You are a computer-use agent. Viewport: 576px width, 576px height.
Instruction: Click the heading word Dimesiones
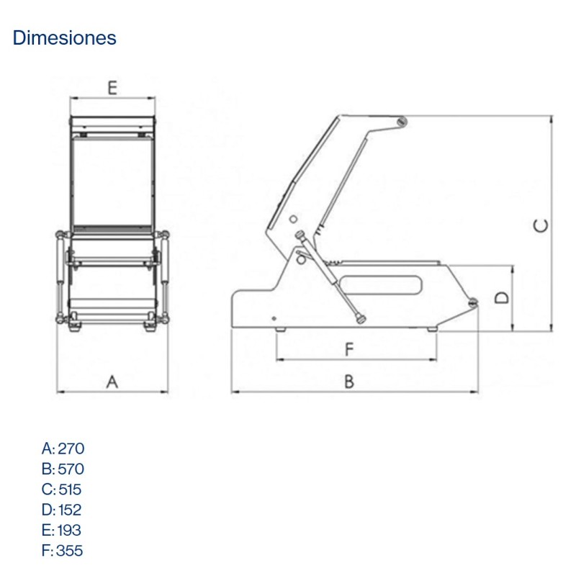pos(64,38)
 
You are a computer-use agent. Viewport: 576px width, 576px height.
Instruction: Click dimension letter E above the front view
pos(112,88)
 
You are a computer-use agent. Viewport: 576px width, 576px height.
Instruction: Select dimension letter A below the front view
pos(112,382)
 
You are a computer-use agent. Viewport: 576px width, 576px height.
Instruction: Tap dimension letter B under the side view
pos(348,382)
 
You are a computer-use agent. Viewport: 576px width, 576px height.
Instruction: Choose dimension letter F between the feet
pos(349,350)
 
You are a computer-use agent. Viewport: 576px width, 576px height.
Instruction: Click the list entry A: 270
pos(63,449)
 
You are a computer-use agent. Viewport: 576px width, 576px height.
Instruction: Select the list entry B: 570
pos(63,469)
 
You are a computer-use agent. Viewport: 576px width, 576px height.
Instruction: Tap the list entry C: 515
pos(62,490)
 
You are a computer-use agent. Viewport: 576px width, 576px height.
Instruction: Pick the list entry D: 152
pos(62,510)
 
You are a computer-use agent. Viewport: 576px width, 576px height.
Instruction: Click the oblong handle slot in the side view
pos(381,285)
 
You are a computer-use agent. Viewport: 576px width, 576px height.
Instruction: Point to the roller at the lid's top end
pos(400,123)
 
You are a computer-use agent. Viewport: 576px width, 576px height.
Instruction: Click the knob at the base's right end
pos(473,304)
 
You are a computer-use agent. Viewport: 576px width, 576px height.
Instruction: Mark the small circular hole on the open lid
pos(293,218)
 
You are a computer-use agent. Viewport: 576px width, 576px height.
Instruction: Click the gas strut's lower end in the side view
pos(360,320)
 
